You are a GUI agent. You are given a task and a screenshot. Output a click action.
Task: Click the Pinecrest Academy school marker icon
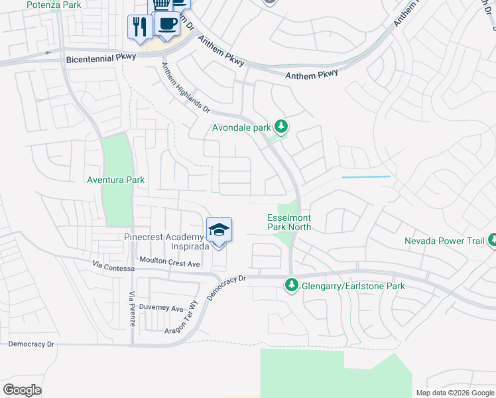[219, 231]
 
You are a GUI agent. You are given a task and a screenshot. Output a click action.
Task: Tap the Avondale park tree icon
[281, 127]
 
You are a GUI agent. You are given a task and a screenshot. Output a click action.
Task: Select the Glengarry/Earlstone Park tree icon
[291, 286]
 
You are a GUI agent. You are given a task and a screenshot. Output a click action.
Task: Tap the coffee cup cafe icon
[166, 25]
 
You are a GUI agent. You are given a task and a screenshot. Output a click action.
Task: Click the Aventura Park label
[116, 180]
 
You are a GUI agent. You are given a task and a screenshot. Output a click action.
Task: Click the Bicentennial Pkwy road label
[101, 58]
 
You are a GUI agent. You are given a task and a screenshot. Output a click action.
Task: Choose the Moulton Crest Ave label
[169, 263]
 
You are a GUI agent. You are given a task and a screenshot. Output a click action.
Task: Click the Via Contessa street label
[113, 268]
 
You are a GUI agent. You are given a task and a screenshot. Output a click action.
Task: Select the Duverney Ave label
[165, 308]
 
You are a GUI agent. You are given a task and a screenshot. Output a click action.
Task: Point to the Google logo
[22, 390]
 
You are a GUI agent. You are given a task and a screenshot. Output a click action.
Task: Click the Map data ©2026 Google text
[454, 393]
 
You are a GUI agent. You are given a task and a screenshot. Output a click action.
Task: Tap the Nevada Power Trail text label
[445, 241]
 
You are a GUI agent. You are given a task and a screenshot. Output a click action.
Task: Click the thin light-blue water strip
[366, 177]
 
